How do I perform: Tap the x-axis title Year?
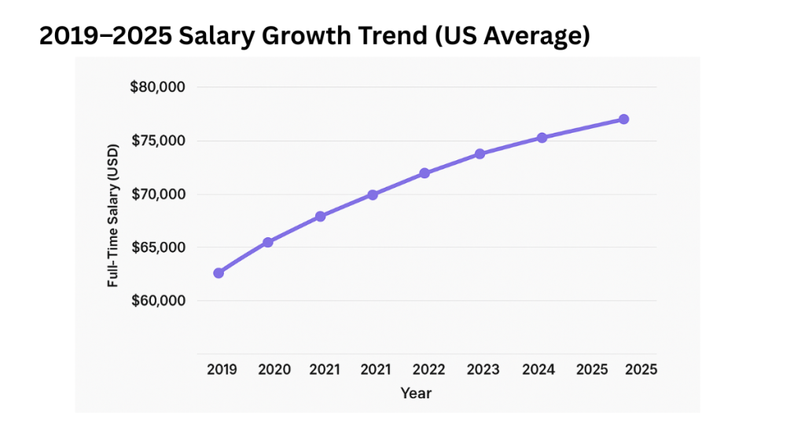[415, 393]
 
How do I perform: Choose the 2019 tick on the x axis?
[222, 369]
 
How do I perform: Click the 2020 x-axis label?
[274, 369]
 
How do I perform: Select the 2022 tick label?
[428, 369]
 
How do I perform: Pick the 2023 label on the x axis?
[481, 369]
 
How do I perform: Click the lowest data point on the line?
[219, 273]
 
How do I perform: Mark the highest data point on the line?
[623, 119]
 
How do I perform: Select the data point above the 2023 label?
[480, 154]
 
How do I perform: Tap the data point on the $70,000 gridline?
[373, 195]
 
